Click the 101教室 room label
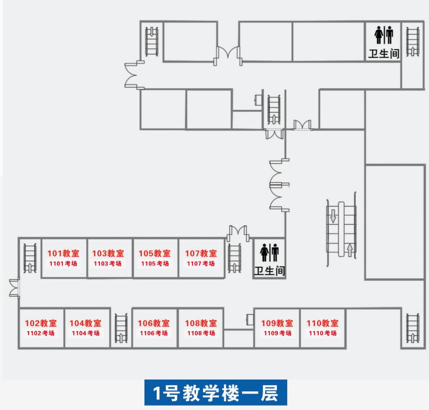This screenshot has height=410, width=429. pos(63,253)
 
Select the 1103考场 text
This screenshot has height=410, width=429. pos(108,264)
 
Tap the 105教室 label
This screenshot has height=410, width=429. pos(154,253)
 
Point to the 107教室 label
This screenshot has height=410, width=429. pos(201,253)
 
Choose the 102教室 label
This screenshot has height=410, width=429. pos(41,323)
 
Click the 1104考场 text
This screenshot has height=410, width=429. pos(85,333)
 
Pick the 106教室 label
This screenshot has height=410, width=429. pos(154,323)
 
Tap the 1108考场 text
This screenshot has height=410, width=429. pos(201,333)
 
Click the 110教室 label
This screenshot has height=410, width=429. pos(323,323)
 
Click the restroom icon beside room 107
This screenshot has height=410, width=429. pos(269,252)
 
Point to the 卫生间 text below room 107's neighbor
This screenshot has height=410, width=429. pos(269,271)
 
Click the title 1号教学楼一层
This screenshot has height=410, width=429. pos(214,393)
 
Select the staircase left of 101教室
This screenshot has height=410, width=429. pos(29,258)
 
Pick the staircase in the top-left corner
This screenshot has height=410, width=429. pos(151,41)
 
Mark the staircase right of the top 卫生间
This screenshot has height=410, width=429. pos(412,42)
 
